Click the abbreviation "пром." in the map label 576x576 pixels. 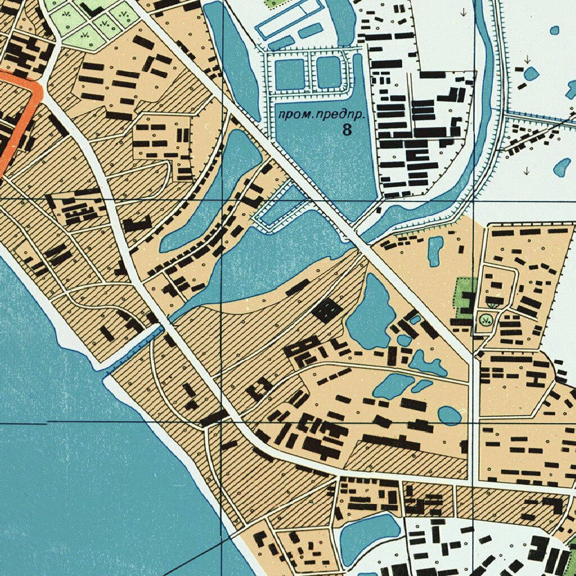[293, 115]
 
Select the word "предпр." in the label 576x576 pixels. [337, 115]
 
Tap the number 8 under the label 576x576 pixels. [346, 130]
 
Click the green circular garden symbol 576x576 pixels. [484, 321]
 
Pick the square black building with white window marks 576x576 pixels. [326, 310]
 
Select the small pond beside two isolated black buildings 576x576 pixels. [435, 250]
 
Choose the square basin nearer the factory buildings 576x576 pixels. [328, 72]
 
